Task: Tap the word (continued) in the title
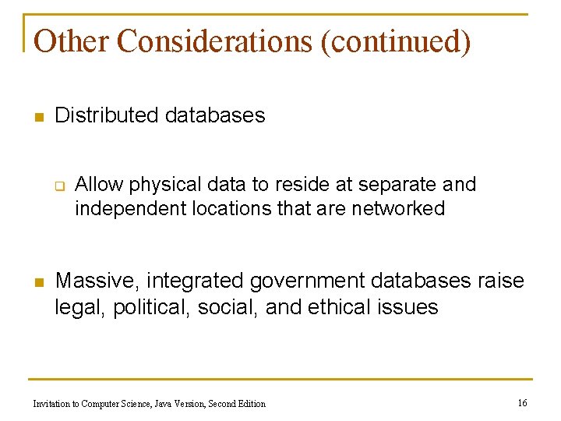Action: [396, 41]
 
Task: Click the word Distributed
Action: [107, 115]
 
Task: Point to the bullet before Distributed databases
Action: [37, 118]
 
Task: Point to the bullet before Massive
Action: [37, 282]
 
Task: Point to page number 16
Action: [522, 403]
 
